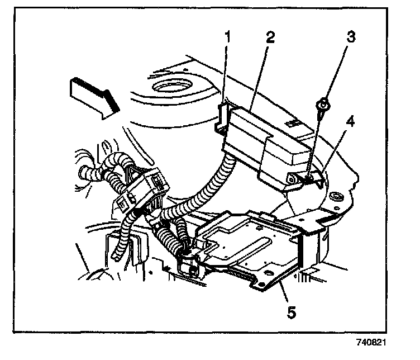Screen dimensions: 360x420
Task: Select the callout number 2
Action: pyautogui.click(x=270, y=38)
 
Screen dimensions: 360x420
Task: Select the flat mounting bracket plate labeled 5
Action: pyautogui.click(x=251, y=246)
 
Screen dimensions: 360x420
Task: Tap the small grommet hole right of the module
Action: pyautogui.click(x=337, y=197)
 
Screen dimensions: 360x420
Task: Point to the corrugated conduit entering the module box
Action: pyautogui.click(x=221, y=173)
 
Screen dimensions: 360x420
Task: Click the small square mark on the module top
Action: pyautogui.click(x=292, y=120)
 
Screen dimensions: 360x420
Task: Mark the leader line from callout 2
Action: pyautogui.click(x=258, y=78)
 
